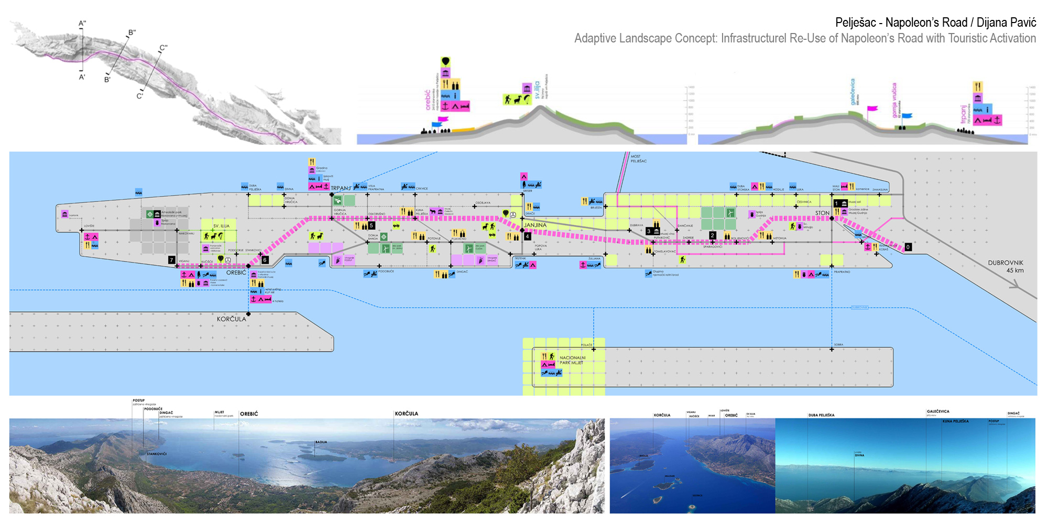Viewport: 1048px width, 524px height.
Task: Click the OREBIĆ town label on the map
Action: [x=236, y=272]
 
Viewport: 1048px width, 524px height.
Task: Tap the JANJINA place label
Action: [x=535, y=225]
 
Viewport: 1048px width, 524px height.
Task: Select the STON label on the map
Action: [x=822, y=213]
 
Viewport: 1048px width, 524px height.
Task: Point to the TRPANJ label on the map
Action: [x=341, y=188]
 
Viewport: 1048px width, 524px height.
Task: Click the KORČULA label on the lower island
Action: [x=231, y=319]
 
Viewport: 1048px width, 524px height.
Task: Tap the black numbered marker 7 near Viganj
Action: [x=171, y=260]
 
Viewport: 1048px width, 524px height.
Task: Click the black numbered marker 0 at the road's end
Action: [x=908, y=247]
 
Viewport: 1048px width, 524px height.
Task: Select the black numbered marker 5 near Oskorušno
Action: [x=372, y=226]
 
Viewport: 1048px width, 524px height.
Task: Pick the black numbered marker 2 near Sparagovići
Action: [x=713, y=235]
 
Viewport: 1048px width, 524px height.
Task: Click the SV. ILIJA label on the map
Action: [x=221, y=226]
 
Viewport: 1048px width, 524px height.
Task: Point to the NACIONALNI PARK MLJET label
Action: [x=572, y=360]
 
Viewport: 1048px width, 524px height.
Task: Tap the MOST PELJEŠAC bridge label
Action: [x=638, y=159]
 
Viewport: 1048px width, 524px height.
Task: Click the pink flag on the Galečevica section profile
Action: [x=872, y=109]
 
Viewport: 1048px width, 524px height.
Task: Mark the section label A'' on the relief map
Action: [x=82, y=24]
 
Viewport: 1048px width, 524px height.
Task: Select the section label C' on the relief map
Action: [x=139, y=96]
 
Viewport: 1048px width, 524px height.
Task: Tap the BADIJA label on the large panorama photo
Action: [x=321, y=442]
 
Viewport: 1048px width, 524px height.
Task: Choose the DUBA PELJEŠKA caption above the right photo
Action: [x=821, y=415]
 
